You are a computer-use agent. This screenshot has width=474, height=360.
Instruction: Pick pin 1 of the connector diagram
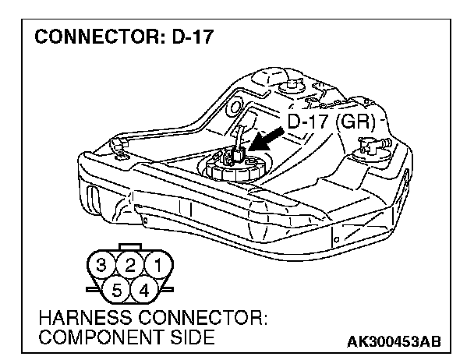[x=159, y=266]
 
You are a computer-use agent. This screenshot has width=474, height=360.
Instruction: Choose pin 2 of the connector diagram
[x=133, y=266]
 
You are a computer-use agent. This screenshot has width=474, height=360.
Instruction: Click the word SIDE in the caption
[x=191, y=339]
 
